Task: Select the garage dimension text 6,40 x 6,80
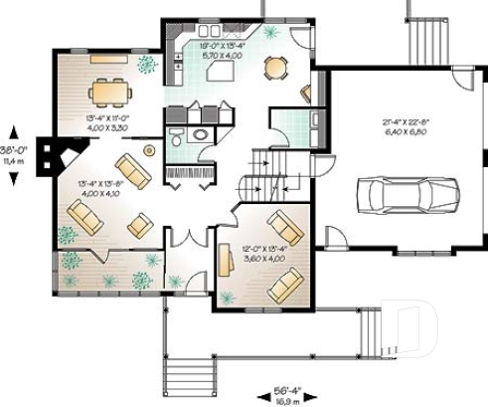[406, 130]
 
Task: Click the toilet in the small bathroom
[176, 135]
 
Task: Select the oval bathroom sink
[200, 134]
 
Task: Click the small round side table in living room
[150, 150]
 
